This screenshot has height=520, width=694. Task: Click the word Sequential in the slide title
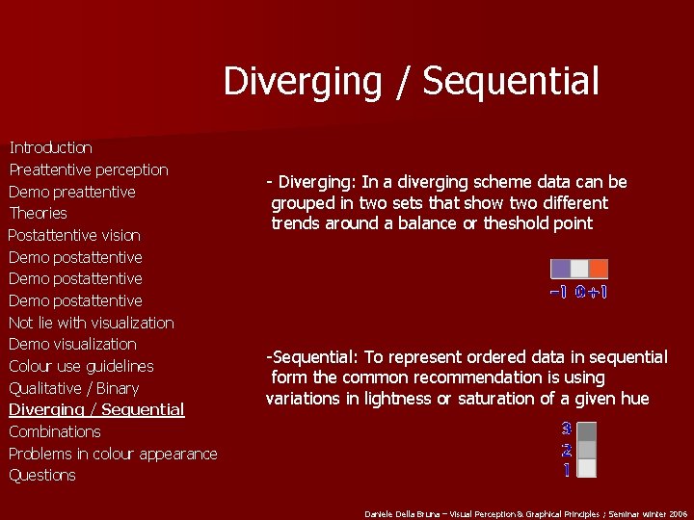pyautogui.click(x=510, y=81)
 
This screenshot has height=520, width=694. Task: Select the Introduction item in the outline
pyautogui.click(x=50, y=147)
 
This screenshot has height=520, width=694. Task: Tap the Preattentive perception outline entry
pyautogui.click(x=89, y=169)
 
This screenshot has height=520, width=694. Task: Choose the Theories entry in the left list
pyautogui.click(x=38, y=213)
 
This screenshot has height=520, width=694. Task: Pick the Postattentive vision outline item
pyautogui.click(x=74, y=235)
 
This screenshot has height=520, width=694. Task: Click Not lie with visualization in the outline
pyautogui.click(x=92, y=323)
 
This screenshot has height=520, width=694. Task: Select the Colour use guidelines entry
pyautogui.click(x=81, y=366)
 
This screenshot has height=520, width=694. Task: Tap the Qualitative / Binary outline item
pyautogui.click(x=74, y=388)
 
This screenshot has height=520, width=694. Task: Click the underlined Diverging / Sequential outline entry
pyautogui.click(x=96, y=409)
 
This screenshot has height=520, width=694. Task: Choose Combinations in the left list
pyautogui.click(x=55, y=431)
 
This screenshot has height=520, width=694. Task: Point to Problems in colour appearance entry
pyautogui.click(x=113, y=454)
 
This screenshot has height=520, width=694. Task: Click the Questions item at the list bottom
pyautogui.click(x=42, y=475)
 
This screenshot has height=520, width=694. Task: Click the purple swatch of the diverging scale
pyautogui.click(x=560, y=270)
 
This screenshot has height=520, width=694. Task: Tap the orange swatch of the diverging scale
pyautogui.click(x=599, y=270)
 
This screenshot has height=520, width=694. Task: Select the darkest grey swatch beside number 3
pyautogui.click(x=587, y=430)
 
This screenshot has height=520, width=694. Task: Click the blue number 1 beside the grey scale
pyautogui.click(x=567, y=470)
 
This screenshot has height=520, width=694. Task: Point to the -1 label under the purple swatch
pyautogui.click(x=558, y=292)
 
